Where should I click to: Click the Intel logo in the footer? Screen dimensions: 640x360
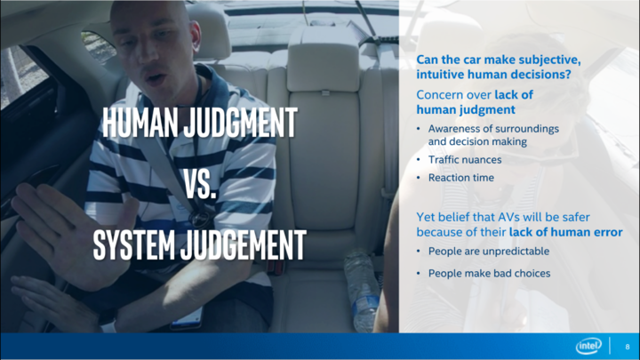(x=588, y=346)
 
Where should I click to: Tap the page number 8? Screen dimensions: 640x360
(x=628, y=347)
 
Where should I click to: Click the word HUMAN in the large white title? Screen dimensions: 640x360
(x=140, y=123)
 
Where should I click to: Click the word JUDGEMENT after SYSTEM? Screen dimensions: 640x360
(x=243, y=245)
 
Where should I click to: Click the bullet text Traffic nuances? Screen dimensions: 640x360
(x=465, y=160)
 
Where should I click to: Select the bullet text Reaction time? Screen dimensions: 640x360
(x=461, y=178)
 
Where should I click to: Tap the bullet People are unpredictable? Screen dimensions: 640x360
(x=489, y=251)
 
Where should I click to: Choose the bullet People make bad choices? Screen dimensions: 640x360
(x=489, y=273)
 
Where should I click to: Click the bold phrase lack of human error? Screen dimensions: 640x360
(x=565, y=232)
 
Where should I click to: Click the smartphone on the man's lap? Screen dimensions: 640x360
(x=187, y=318)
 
